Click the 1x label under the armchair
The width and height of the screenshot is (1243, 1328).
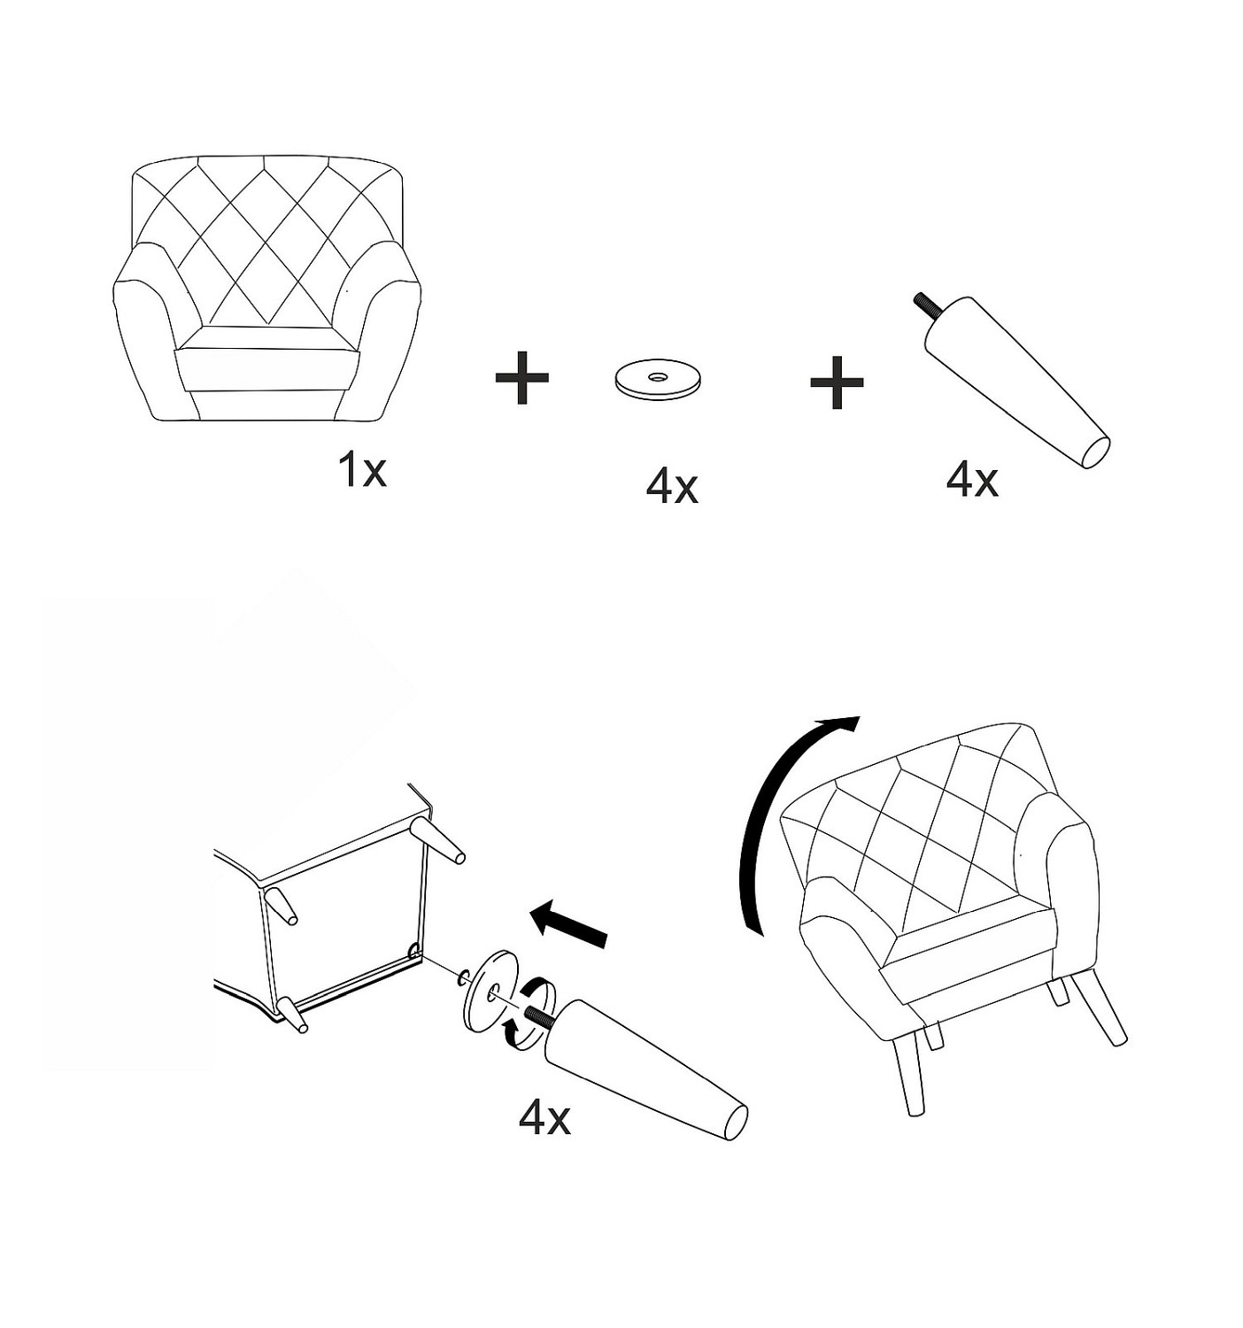point(363,471)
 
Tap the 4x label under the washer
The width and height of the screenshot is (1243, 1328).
point(671,488)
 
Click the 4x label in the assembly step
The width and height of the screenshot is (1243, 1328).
point(544,1117)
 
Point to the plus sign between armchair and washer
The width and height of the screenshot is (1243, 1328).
point(521,378)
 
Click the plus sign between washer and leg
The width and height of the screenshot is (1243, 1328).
point(837,382)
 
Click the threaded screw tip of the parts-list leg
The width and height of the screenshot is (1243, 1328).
point(924,304)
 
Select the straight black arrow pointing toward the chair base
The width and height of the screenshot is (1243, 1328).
point(568,923)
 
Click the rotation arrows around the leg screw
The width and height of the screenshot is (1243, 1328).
point(529,1011)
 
